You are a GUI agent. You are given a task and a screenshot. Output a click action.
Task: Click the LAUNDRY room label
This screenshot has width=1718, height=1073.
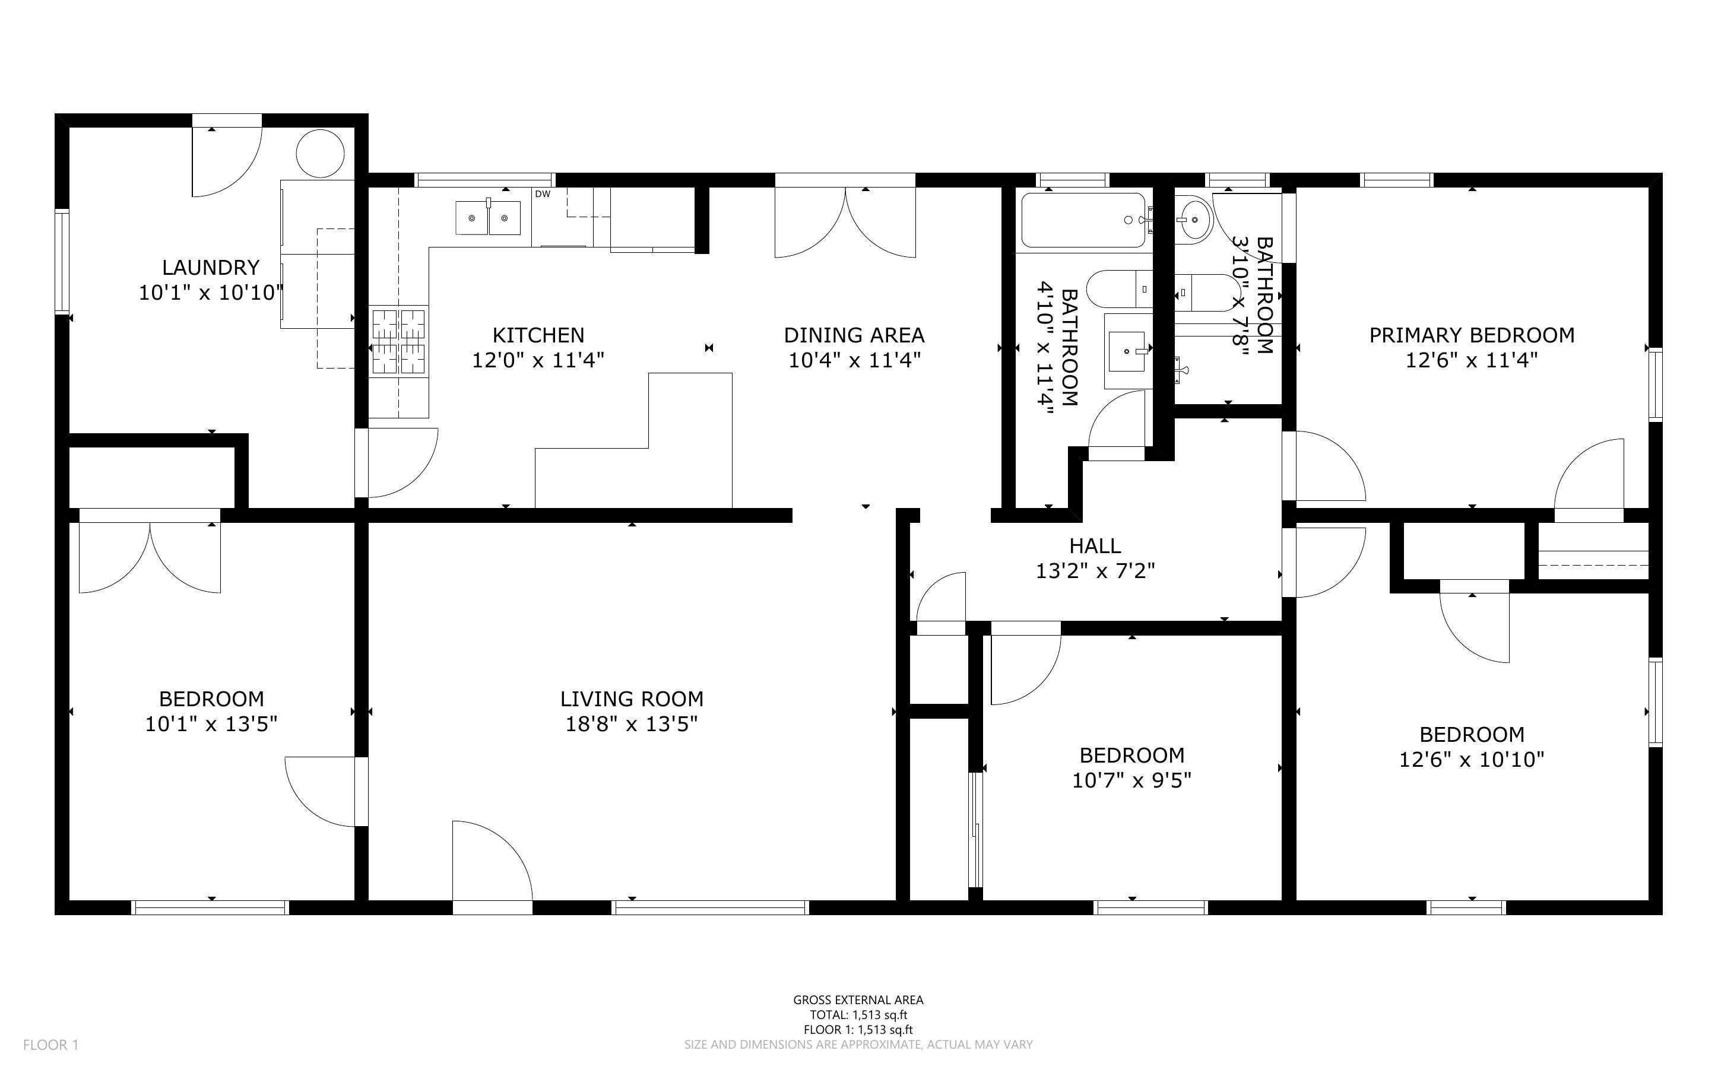coord(211,268)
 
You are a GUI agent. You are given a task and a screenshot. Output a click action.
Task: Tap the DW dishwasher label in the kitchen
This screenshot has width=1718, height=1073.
coord(542,193)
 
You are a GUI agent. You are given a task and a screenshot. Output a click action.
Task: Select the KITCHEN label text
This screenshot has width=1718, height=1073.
coord(538,335)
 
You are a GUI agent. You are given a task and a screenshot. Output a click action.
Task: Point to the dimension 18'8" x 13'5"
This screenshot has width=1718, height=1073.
coord(632,724)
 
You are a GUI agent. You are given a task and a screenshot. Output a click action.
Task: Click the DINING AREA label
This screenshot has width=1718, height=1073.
coord(854,335)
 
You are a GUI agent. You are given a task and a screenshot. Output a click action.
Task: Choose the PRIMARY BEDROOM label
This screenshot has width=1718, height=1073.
coord(1472,335)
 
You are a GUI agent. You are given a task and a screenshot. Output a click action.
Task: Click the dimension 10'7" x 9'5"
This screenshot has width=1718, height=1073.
coord(1132,780)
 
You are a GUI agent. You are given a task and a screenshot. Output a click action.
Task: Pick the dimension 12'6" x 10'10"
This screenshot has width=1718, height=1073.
coord(1472,758)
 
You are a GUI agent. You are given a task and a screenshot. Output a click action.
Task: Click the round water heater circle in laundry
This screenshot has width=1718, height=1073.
coord(320,153)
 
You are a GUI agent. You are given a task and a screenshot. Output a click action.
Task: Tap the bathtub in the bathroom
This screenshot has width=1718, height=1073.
coord(1083,220)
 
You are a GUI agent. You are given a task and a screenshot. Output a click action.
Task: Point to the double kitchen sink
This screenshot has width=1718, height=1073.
coord(487,218)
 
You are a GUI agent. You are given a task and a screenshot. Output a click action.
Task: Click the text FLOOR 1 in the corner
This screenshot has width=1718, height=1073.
coord(50,1045)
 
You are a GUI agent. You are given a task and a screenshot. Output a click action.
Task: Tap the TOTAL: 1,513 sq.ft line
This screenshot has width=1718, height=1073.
coord(858,1015)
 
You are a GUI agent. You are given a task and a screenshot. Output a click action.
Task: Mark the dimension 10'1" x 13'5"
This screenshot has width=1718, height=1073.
coord(211,724)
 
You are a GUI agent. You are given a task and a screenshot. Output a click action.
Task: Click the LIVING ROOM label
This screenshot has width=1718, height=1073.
coord(632,699)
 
